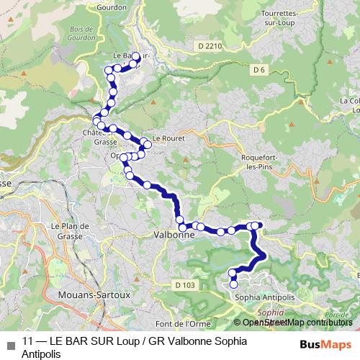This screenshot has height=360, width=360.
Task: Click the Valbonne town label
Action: coord(174,235)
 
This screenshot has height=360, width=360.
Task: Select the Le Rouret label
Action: coord(165,141)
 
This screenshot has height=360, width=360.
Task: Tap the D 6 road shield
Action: coord(261,69)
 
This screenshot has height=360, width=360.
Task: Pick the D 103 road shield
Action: coord(185,286)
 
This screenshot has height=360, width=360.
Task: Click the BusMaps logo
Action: coord(326,344)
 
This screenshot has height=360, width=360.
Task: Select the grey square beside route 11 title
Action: coord(11,344)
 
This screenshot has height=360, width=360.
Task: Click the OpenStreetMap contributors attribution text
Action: coord(296,323)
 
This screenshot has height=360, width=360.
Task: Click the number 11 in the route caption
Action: coord(27,341)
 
